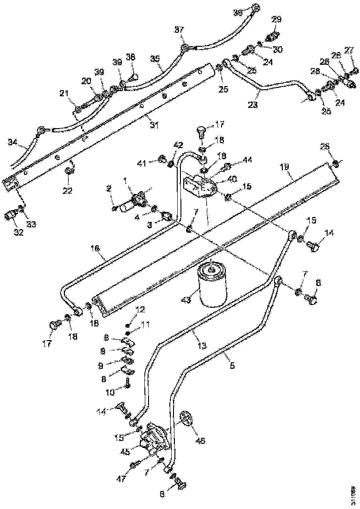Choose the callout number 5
pos(232,365)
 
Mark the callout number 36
pos(237,13)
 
